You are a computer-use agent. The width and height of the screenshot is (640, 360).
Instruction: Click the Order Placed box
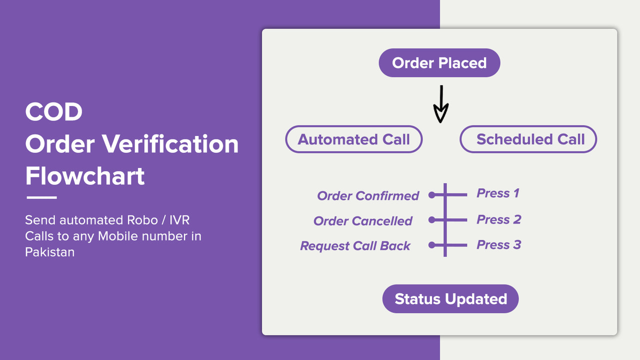439,63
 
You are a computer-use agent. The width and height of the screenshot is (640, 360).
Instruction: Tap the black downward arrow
440,104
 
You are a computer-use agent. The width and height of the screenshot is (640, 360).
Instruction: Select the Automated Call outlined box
354,139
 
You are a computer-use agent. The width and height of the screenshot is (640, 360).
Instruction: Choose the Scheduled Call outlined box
528,139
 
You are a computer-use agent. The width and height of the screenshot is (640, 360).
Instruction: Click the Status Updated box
450,299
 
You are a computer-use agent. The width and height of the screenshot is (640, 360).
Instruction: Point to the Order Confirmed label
368,196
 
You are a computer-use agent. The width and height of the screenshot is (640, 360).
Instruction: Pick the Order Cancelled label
363,221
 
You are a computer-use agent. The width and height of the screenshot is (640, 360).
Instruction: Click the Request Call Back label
355,246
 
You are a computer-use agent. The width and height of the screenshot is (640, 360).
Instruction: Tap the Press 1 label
498,193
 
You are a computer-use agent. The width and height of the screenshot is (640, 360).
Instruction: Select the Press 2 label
499,219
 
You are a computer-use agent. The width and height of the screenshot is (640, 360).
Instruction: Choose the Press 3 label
499,245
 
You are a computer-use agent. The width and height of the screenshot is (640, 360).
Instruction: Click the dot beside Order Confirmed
431,195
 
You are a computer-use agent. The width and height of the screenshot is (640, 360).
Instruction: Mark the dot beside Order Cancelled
431,220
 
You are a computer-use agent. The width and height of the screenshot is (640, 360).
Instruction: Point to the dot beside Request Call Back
431,245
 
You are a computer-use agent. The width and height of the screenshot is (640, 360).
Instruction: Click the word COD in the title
54,112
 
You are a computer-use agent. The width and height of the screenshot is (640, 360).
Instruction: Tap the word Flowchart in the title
85,176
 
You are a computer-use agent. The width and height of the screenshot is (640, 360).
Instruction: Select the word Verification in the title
170,144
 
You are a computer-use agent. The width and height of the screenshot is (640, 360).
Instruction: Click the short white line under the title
41,197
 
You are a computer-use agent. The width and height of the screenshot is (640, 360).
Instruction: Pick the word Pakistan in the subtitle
50,252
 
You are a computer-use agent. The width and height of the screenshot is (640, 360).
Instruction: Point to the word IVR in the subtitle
179,220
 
